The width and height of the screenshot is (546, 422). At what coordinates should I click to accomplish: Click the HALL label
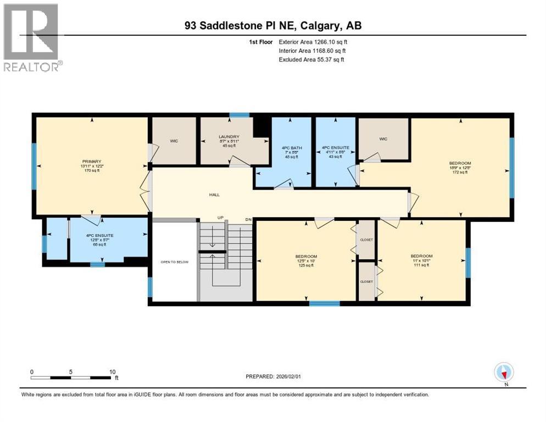click(215, 194)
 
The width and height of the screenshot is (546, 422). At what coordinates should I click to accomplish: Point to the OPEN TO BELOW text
click(174, 262)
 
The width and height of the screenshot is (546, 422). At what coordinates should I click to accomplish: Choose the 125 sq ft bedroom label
click(306, 257)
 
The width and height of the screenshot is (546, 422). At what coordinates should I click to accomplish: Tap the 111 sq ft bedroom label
click(421, 256)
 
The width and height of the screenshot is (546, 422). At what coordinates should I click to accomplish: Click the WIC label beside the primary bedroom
click(174, 141)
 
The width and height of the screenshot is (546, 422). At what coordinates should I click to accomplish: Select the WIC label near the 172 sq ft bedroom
click(383, 139)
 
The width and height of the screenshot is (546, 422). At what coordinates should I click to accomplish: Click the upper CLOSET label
click(366, 240)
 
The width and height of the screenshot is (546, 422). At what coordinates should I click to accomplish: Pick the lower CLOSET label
click(366, 281)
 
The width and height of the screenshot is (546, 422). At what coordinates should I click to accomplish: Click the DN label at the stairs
click(248, 219)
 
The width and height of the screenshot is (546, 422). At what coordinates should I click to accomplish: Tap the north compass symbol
click(504, 373)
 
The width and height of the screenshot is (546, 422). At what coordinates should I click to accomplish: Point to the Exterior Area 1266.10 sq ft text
click(313, 41)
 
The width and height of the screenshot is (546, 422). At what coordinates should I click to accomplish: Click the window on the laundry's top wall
click(239, 115)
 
